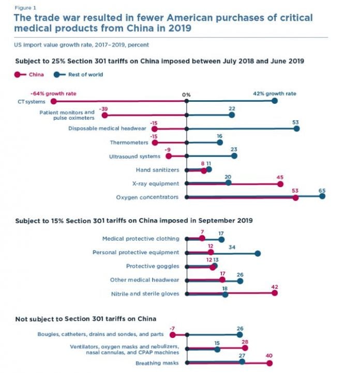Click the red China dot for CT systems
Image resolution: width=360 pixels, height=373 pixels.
pyautogui.click(x=53, y=101)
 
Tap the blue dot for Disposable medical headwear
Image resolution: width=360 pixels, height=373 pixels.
pyautogui.click(x=296, y=129)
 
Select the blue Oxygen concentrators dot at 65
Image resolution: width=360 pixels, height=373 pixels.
pyautogui.click(x=322, y=196)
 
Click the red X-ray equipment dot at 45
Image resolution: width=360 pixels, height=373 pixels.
pyautogui.click(x=280, y=183)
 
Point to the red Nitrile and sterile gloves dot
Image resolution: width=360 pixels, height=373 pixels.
pyautogui.click(x=274, y=293)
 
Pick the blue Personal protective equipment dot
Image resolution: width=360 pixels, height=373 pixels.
pyautogui.click(x=258, y=253)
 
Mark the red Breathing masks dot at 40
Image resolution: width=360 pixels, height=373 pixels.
pyautogui.click(x=269, y=363)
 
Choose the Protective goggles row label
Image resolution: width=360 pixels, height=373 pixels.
pyautogui.click(x=153, y=266)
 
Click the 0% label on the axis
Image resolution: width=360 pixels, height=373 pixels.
pyautogui.click(x=186, y=95)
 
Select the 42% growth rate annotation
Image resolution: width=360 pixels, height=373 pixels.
pyautogui.click(x=275, y=94)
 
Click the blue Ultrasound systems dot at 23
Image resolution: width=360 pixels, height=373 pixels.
pyautogui.click(x=234, y=156)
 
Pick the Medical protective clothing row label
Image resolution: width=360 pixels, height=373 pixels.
pyautogui.click(x=141, y=239)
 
